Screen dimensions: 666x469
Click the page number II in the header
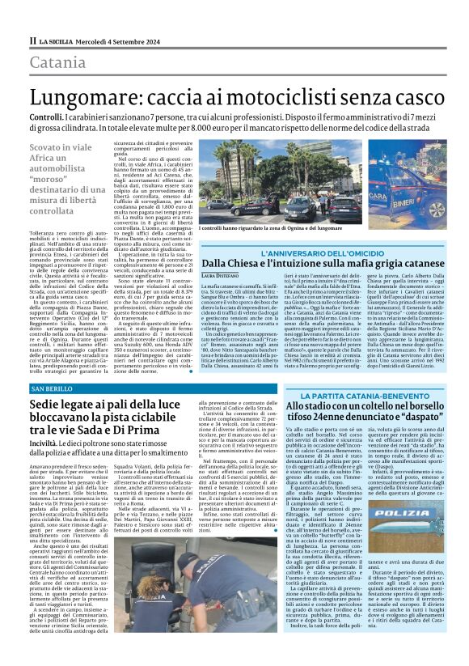coord(32,40)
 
